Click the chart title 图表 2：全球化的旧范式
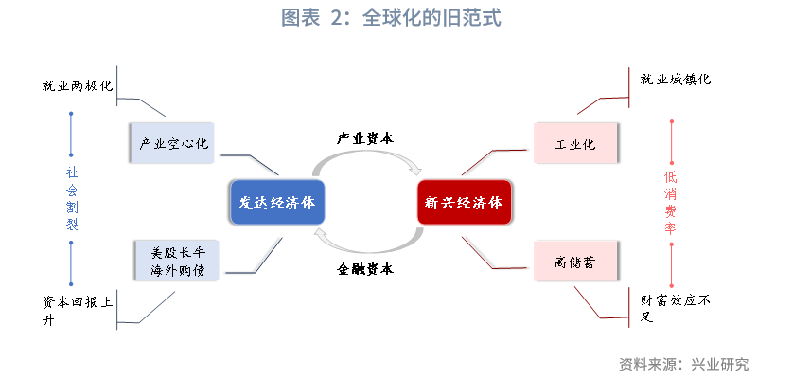pyautogui.click(x=391, y=18)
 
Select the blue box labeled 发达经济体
pyautogui.click(x=276, y=202)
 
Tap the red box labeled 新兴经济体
pyautogui.click(x=464, y=202)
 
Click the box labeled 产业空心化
pyautogui.click(x=172, y=143)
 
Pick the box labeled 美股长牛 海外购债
pyautogui.click(x=177, y=261)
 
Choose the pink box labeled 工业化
pyautogui.click(x=575, y=143)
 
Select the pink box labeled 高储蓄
pyautogui.click(x=575, y=261)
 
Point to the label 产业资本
pyautogui.click(x=365, y=138)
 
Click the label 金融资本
pyautogui.click(x=365, y=268)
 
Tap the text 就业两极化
pyautogui.click(x=78, y=85)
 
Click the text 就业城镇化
pyautogui.click(x=675, y=79)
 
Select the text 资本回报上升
pyautogui.click(x=78, y=311)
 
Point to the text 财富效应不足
pyautogui.click(x=675, y=309)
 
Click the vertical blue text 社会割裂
pyautogui.click(x=72, y=198)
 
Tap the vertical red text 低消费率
pyautogui.click(x=671, y=203)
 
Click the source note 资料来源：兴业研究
pyautogui.click(x=684, y=363)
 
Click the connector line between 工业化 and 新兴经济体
pyautogui.click(x=493, y=161)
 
